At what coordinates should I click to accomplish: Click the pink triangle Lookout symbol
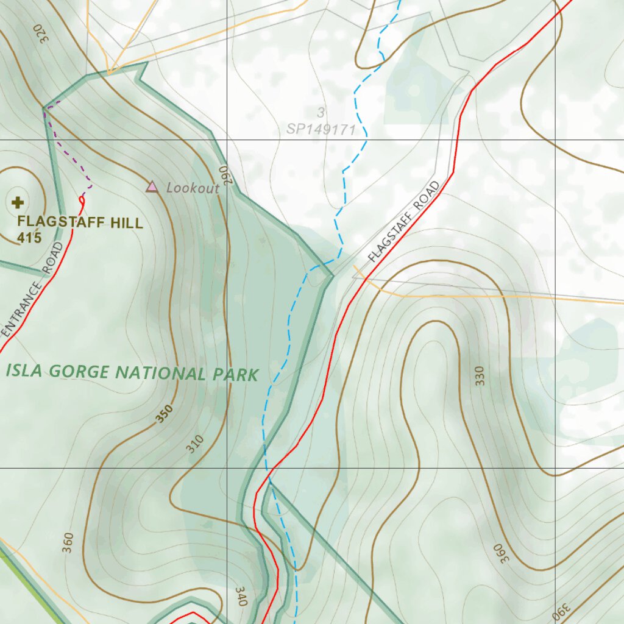pyautogui.click(x=152, y=187)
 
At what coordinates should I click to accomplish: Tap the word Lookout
pyautogui.click(x=193, y=188)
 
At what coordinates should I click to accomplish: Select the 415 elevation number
pyautogui.click(x=29, y=238)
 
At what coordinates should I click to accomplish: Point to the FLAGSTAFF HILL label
pyautogui.click(x=80, y=222)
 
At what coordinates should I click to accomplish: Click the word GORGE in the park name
pyautogui.click(x=80, y=372)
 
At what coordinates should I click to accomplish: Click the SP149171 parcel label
pyautogui.click(x=321, y=130)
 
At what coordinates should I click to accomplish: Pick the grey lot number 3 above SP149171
pyautogui.click(x=320, y=113)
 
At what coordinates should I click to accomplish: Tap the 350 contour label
pyautogui.click(x=164, y=414)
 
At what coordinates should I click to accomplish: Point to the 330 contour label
pyautogui.click(x=481, y=376)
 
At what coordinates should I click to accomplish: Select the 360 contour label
pyautogui.click(x=68, y=542)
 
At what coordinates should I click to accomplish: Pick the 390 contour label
pyautogui.click(x=562, y=609)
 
